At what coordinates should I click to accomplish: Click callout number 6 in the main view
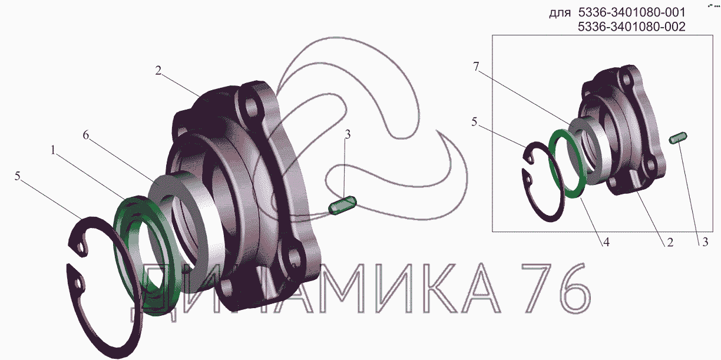(85, 136)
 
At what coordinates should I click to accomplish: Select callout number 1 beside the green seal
(54, 150)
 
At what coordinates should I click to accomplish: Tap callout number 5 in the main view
(18, 176)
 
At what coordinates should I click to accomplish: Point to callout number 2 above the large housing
(158, 71)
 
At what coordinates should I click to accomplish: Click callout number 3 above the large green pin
(348, 134)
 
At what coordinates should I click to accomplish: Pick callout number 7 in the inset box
(476, 67)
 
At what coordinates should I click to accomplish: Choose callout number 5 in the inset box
(474, 122)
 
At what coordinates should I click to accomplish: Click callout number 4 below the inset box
(606, 242)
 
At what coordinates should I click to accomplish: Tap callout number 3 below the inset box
(705, 242)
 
